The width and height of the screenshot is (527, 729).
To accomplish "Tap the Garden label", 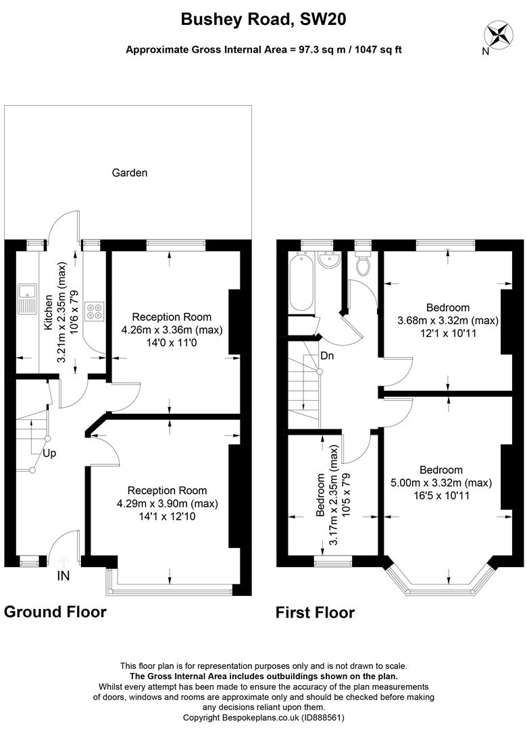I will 129,173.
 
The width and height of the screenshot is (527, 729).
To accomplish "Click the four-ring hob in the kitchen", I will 94,308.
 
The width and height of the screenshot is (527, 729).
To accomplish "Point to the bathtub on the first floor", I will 300,283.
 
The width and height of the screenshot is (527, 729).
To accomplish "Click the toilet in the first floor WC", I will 363,265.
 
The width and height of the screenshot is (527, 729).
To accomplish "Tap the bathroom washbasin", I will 329,261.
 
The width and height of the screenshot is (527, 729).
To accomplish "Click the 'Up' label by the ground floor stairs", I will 50,453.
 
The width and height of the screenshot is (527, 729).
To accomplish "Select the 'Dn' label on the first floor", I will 327,356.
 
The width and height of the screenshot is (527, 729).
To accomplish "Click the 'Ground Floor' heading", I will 55,612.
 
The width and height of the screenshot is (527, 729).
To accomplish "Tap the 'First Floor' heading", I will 315,613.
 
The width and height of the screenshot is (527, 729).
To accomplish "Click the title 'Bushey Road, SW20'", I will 263,20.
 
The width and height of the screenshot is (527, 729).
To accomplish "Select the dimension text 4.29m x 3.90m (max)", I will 167,504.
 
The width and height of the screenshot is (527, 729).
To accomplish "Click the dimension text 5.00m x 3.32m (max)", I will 441,483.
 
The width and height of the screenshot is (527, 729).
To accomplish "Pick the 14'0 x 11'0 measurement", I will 171,342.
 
